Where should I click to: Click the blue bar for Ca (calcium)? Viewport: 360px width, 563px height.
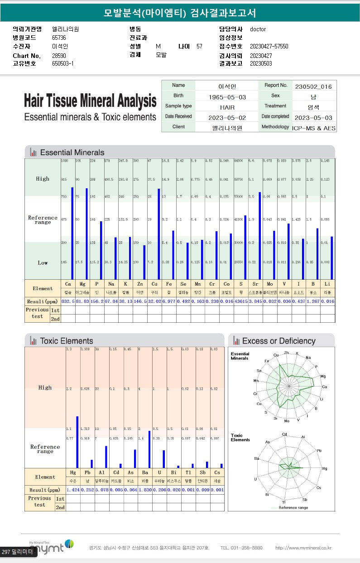[x=72, y=233]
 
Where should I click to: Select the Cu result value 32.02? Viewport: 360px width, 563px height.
[x=155, y=301]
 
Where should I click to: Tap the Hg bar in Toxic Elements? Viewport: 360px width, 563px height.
[x=77, y=442]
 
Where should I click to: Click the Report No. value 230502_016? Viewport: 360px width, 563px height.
[x=313, y=86]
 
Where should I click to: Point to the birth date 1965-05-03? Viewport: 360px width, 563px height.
[x=227, y=97]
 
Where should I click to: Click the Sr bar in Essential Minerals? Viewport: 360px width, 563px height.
[x=260, y=235]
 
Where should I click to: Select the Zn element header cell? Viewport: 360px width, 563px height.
[x=140, y=284]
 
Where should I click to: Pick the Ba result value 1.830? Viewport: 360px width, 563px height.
[x=145, y=490]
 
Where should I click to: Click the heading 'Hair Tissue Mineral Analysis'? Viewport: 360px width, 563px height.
[x=90, y=100]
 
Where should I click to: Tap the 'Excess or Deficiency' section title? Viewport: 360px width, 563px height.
[x=278, y=341]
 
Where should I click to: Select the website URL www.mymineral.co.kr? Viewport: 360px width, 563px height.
[x=303, y=548]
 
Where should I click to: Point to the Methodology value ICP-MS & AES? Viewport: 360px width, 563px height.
[x=314, y=128]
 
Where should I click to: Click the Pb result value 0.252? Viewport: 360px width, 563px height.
[x=87, y=490]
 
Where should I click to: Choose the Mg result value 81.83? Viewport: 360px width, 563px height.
[x=82, y=301]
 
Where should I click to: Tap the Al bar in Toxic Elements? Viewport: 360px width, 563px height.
[x=106, y=456]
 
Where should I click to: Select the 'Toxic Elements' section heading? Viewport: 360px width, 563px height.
[x=66, y=341]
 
